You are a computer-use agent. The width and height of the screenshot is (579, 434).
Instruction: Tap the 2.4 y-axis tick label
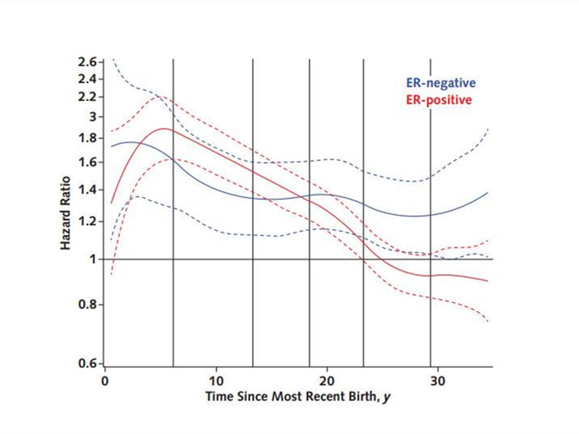coord(88,79)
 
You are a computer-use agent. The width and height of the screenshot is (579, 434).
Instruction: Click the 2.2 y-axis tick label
coord(88,96)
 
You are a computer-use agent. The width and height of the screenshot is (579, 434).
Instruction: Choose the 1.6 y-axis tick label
coord(88,163)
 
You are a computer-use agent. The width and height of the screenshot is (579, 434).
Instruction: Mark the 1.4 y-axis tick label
coord(88,190)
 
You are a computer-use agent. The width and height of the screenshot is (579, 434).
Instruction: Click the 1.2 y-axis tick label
coord(88,222)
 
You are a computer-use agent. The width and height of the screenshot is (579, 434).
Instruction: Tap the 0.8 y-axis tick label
coord(88,304)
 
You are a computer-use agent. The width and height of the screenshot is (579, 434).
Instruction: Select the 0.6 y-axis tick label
coord(88,364)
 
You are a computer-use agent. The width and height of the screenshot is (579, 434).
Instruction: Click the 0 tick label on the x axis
coord(105,382)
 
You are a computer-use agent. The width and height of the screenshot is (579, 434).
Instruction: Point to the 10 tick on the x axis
coord(216,382)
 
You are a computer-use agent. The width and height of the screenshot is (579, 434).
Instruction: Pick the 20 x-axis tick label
coord(327,382)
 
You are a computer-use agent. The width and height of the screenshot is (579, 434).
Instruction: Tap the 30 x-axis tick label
coord(438,382)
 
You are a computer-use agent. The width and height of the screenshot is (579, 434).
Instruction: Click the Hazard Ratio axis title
coord(66,213)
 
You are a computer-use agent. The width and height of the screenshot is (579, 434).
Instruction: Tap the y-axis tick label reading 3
coord(91,117)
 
